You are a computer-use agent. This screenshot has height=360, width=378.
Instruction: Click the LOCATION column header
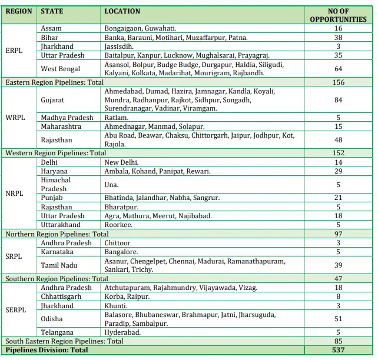[x=122, y=11]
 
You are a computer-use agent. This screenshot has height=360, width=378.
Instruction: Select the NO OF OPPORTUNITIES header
[x=338, y=15]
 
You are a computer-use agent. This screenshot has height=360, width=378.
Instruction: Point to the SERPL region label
[x=15, y=310]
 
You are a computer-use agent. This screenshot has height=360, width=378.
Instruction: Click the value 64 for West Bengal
[x=338, y=69]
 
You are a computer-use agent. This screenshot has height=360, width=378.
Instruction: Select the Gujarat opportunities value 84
[x=338, y=100]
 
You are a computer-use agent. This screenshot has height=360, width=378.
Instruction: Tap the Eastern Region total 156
[x=338, y=83]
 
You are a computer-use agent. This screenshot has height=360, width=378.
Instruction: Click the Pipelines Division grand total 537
[x=338, y=350]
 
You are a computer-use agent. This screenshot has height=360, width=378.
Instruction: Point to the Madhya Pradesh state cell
[x=67, y=118]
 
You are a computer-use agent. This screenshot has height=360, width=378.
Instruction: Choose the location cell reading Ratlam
[x=116, y=118]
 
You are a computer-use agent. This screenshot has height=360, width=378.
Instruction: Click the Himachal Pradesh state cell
[x=55, y=184]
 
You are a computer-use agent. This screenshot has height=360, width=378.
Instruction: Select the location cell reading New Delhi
[x=121, y=162]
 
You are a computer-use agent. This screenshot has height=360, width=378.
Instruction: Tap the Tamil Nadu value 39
[x=338, y=265]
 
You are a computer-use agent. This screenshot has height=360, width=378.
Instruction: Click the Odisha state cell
[x=52, y=319]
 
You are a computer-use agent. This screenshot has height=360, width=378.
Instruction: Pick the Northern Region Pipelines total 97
[x=338, y=234]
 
